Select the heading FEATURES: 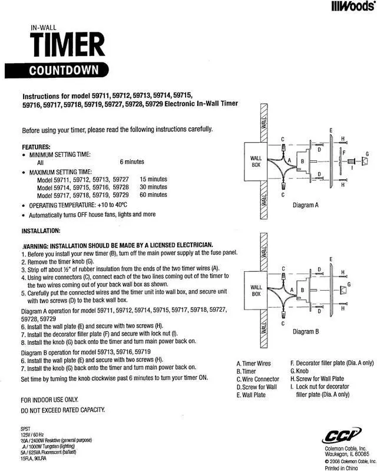[x=36, y=146]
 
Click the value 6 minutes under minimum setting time [x=132, y=162]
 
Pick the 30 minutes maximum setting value [x=153, y=187]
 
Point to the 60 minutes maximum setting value [x=153, y=195]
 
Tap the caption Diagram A [x=306, y=206]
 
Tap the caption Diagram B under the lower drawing [x=305, y=331]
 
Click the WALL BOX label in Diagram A [x=256, y=162]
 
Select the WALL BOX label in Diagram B [x=256, y=291]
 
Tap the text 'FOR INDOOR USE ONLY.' [x=49, y=400]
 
